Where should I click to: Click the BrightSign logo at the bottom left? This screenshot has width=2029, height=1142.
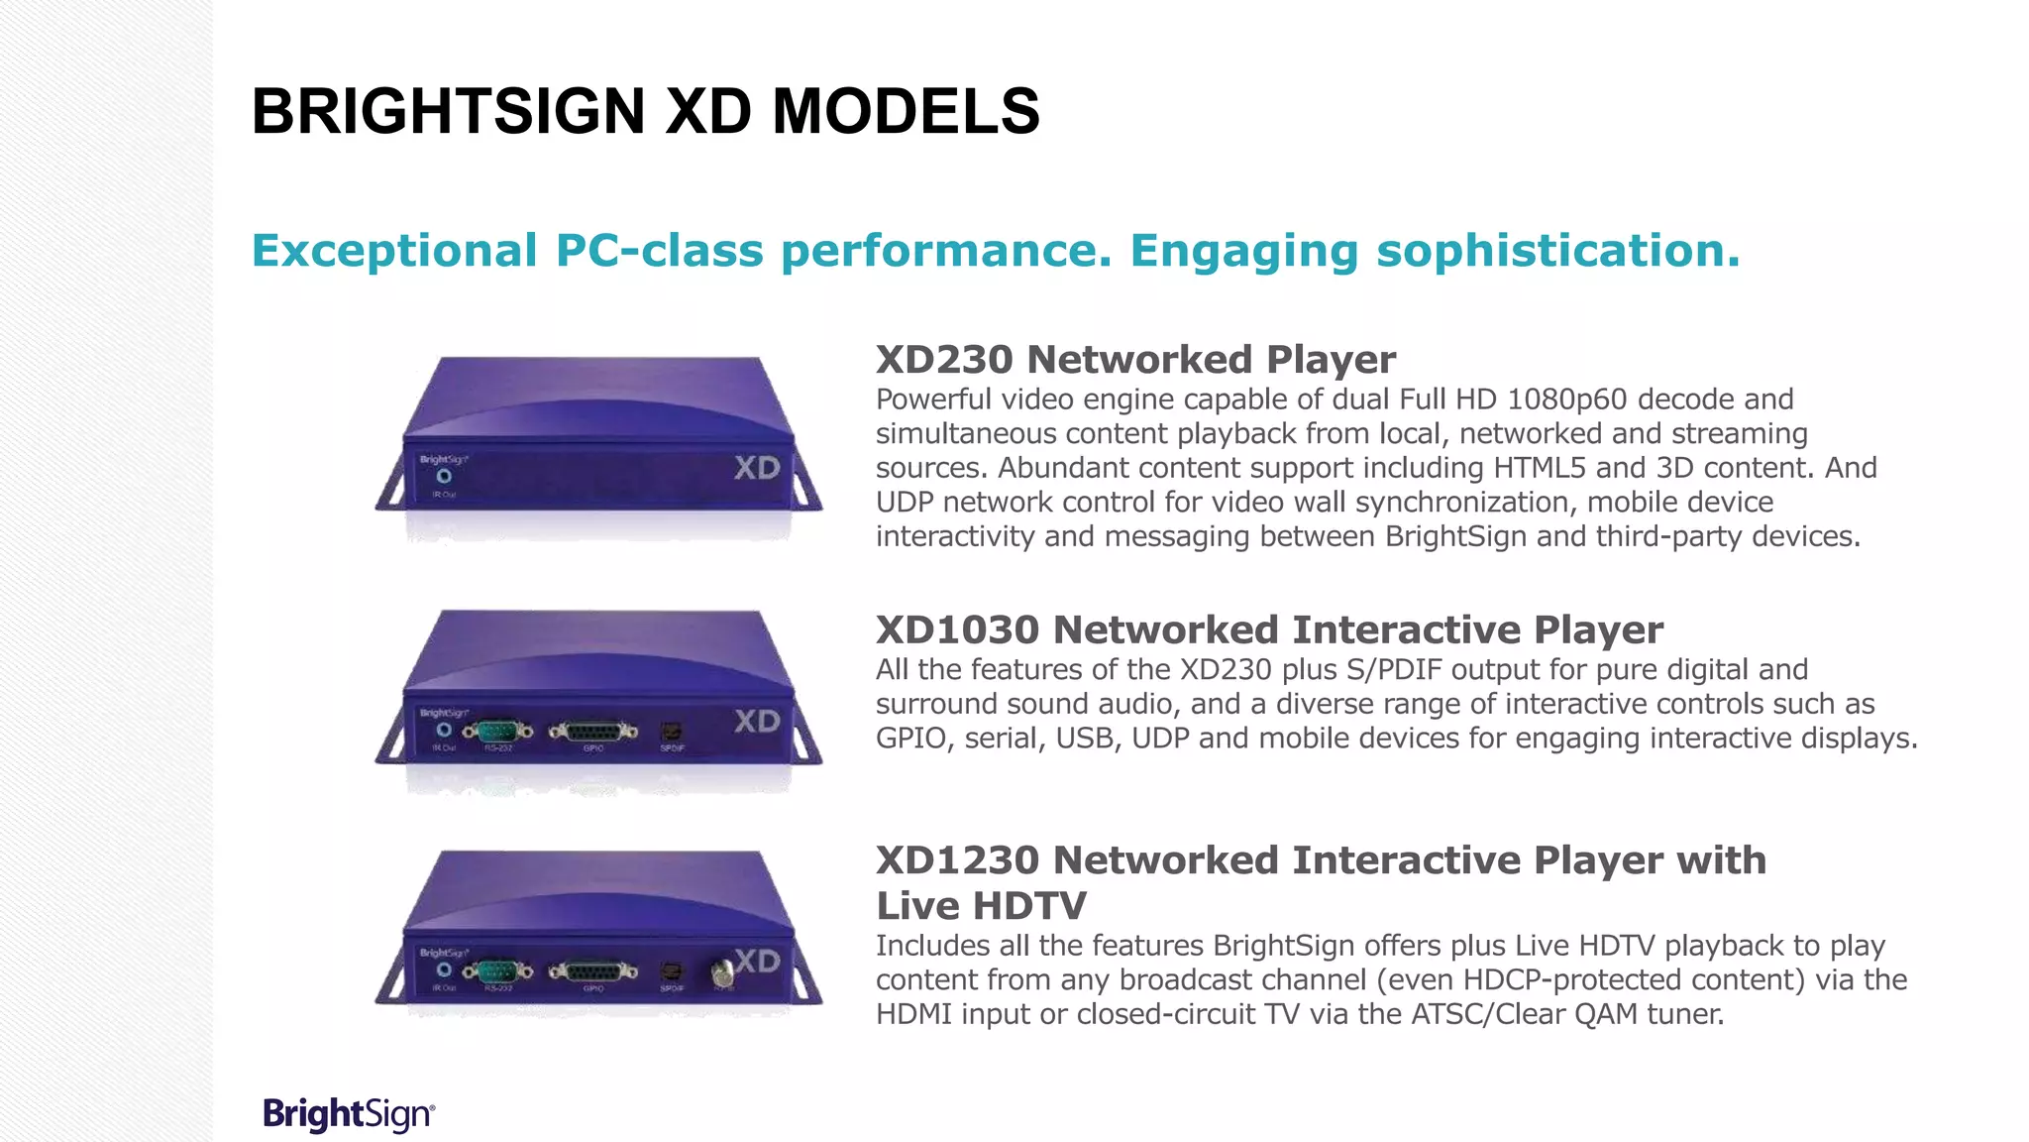[x=348, y=1114]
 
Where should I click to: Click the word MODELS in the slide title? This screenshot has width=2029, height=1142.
[x=906, y=111]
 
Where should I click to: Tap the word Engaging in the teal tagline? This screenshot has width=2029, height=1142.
[x=1243, y=251]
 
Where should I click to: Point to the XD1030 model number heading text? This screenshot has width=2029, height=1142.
[x=957, y=630]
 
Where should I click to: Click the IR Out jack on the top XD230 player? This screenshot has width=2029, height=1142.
[x=444, y=477]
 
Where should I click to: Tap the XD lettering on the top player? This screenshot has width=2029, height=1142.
[x=757, y=468]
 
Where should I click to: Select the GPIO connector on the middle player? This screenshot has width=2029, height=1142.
[x=593, y=732]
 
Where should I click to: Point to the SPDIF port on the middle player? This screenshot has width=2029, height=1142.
[x=672, y=732]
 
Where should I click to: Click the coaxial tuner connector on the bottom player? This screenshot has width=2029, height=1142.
[x=723, y=972]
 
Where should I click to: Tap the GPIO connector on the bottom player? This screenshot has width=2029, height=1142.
[x=593, y=971]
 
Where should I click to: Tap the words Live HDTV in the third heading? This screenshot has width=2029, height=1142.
[x=981, y=906]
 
